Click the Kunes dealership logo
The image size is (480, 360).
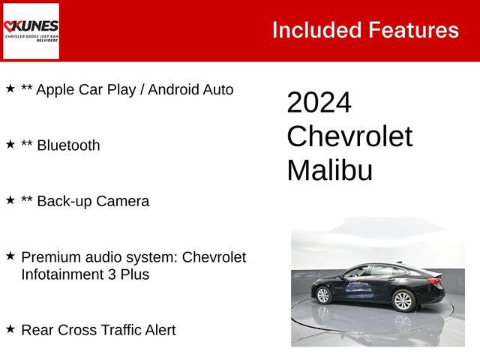(x=31, y=31)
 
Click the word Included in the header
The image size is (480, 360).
(x=316, y=30)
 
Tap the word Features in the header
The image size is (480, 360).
(x=412, y=30)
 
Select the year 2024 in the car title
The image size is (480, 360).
(x=319, y=103)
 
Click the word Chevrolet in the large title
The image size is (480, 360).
(x=349, y=136)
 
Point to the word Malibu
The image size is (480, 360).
(x=329, y=170)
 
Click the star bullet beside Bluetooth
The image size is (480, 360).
(x=10, y=144)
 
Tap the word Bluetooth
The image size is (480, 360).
(x=68, y=145)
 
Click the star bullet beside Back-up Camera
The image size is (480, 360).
(x=10, y=199)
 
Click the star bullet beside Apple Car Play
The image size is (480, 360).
(x=10, y=88)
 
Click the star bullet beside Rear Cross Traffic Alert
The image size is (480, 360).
(x=10, y=328)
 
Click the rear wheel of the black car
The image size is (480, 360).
(x=403, y=301)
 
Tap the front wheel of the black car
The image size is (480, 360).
(x=323, y=295)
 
